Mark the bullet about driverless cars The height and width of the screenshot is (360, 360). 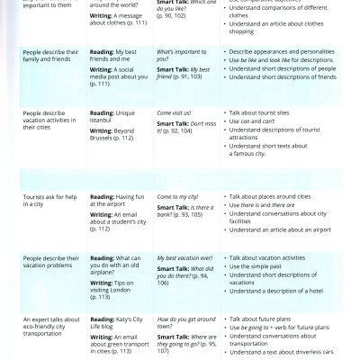point(288,354)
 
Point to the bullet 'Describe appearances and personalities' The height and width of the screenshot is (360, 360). point(287,51)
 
